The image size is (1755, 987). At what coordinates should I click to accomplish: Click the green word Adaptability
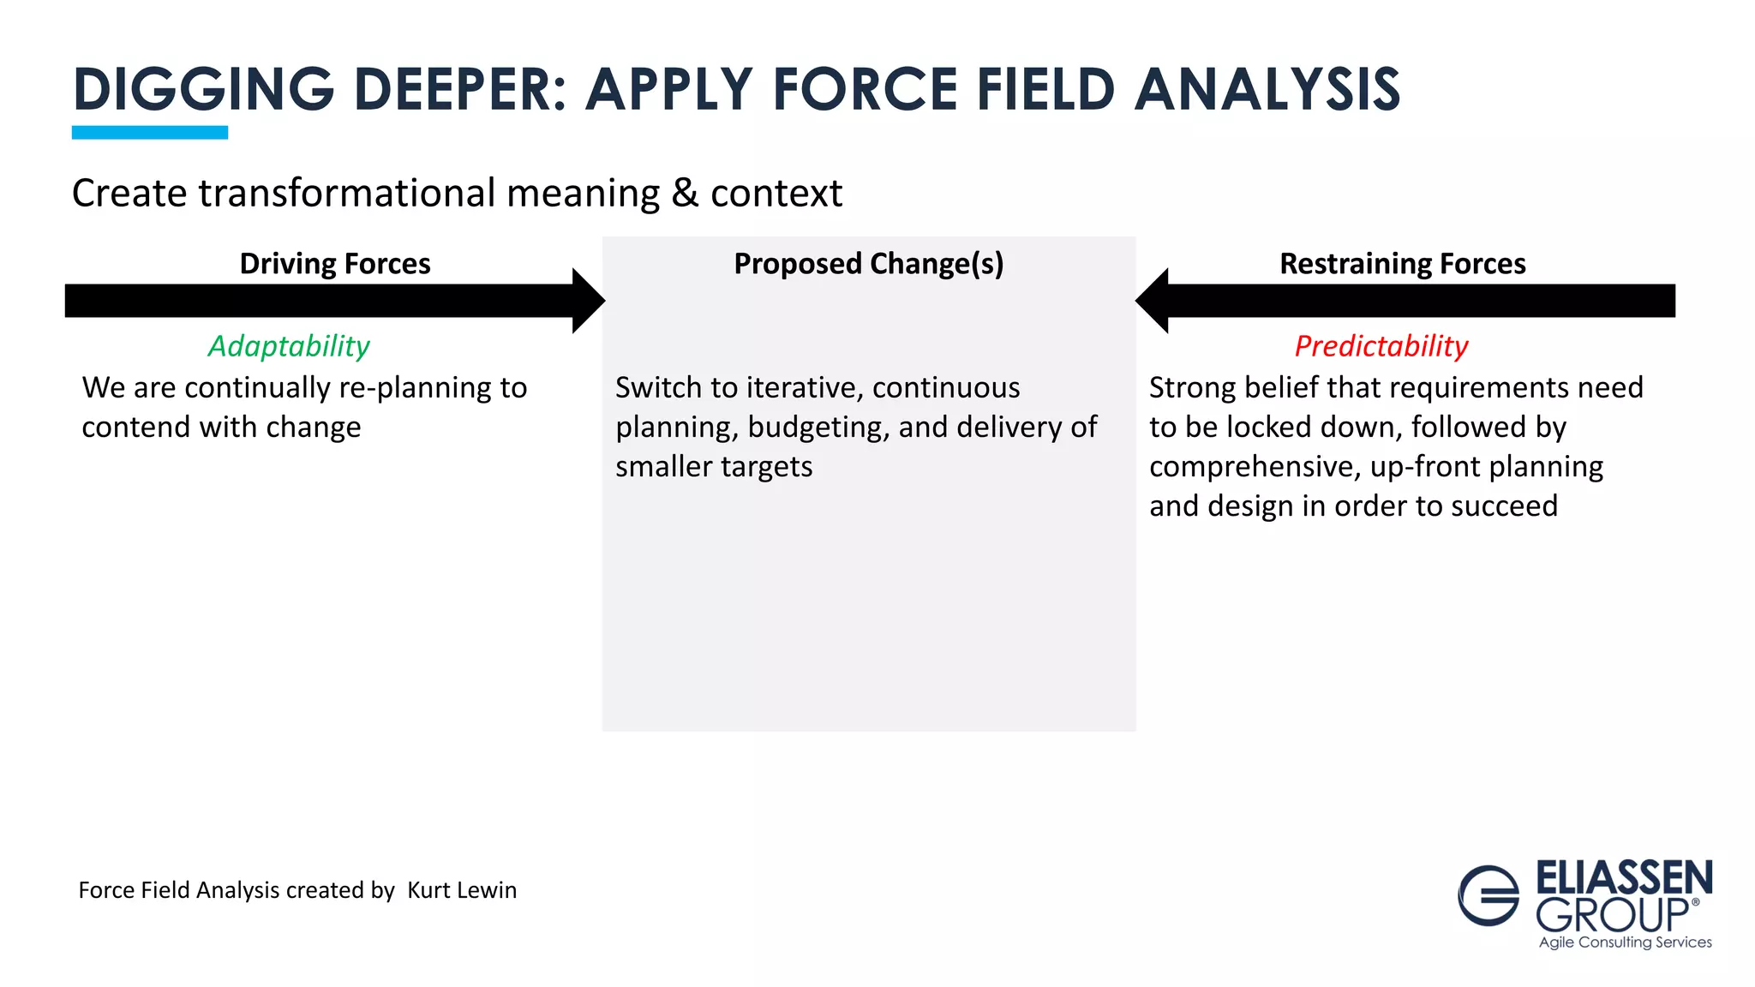click(x=289, y=346)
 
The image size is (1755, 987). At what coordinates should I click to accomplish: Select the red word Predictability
click(x=1381, y=346)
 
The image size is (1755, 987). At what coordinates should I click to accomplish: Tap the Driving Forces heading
click(x=335, y=264)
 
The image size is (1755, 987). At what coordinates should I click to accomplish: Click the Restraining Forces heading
click(x=1402, y=264)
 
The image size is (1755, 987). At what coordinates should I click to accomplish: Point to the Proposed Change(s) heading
click(x=868, y=264)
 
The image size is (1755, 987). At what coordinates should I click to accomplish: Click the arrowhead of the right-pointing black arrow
click(x=588, y=301)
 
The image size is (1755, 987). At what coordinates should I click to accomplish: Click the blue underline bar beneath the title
click(x=150, y=132)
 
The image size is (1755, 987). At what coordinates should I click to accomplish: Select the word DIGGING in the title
click(x=204, y=89)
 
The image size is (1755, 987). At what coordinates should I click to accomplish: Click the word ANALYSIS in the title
click(x=1267, y=89)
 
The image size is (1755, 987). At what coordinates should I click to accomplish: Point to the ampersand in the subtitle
click(x=685, y=194)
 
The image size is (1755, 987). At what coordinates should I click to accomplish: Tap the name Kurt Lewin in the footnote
click(x=462, y=890)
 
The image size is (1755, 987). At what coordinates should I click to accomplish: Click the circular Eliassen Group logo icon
click(x=1488, y=895)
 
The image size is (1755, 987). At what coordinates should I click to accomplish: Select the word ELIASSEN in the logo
click(x=1624, y=878)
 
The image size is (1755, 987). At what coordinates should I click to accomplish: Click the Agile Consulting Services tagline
click(x=1625, y=942)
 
